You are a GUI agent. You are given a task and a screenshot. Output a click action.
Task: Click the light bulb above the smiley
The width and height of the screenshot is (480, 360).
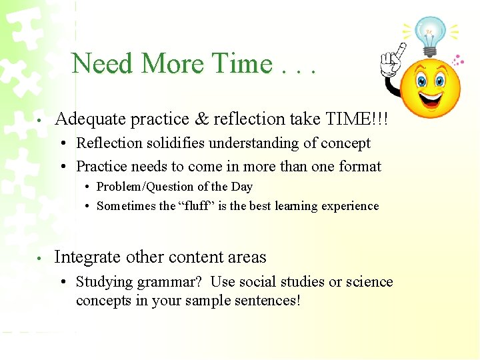(x=429, y=33)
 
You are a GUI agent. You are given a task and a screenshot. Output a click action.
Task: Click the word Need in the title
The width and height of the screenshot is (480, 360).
(x=103, y=64)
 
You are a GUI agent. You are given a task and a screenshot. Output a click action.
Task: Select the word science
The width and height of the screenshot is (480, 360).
(x=368, y=282)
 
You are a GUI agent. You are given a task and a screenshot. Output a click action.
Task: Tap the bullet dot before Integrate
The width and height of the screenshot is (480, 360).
(x=41, y=258)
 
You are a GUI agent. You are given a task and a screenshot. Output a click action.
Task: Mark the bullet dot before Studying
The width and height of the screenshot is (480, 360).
(x=61, y=282)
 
